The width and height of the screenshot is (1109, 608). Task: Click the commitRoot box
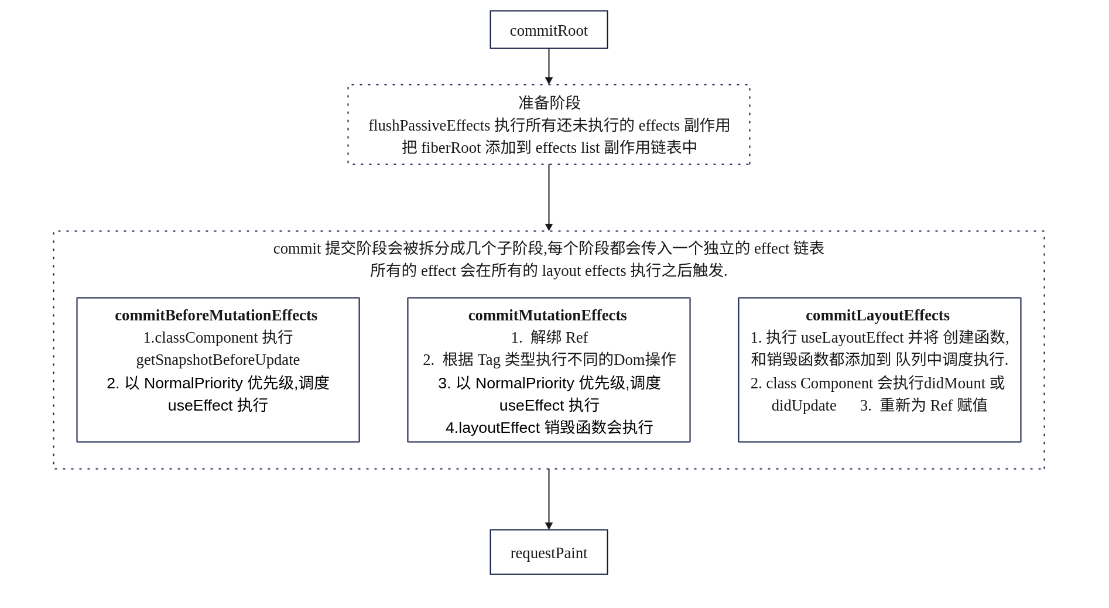pos(549,30)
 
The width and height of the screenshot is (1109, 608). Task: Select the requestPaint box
pos(549,552)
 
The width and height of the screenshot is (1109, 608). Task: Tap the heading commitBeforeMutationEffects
pos(216,315)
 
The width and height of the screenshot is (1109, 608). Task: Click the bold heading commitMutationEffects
pos(547,315)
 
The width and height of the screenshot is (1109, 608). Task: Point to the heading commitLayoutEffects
pos(878,315)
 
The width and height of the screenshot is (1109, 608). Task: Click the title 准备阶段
pos(549,103)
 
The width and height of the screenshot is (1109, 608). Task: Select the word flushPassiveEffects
pos(429,125)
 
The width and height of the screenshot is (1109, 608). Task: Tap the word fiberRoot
pos(451,148)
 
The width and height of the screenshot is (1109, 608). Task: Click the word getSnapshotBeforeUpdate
pos(218,360)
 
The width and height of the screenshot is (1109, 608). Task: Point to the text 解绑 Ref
pos(559,337)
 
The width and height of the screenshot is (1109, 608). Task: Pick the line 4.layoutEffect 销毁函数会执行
pos(549,428)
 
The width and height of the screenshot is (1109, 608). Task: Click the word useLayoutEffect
pos(852,337)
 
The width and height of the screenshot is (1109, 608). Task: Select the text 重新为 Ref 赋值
pos(933,405)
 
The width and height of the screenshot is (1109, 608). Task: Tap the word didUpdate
pos(803,405)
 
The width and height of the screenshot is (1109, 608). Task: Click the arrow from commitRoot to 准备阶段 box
pos(549,66)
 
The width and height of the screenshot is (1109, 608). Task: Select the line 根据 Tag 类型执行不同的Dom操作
pos(559,360)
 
